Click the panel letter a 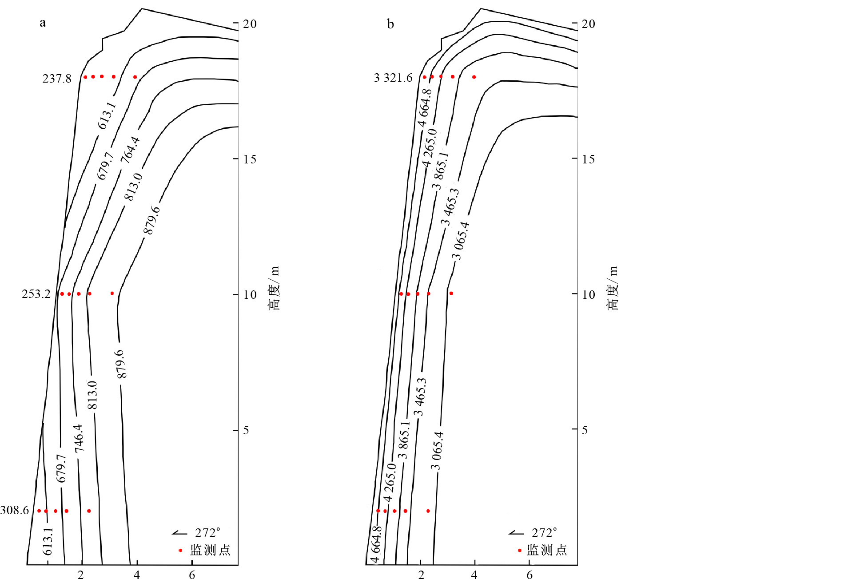point(43,23)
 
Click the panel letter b point(390,24)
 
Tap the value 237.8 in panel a point(57,79)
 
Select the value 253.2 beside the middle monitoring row point(36,294)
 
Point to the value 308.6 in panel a point(15,510)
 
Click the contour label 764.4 point(131,150)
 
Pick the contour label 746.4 point(79,438)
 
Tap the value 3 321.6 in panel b point(393,78)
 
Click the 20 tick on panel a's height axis point(250,24)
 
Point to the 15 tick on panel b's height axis point(589,159)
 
